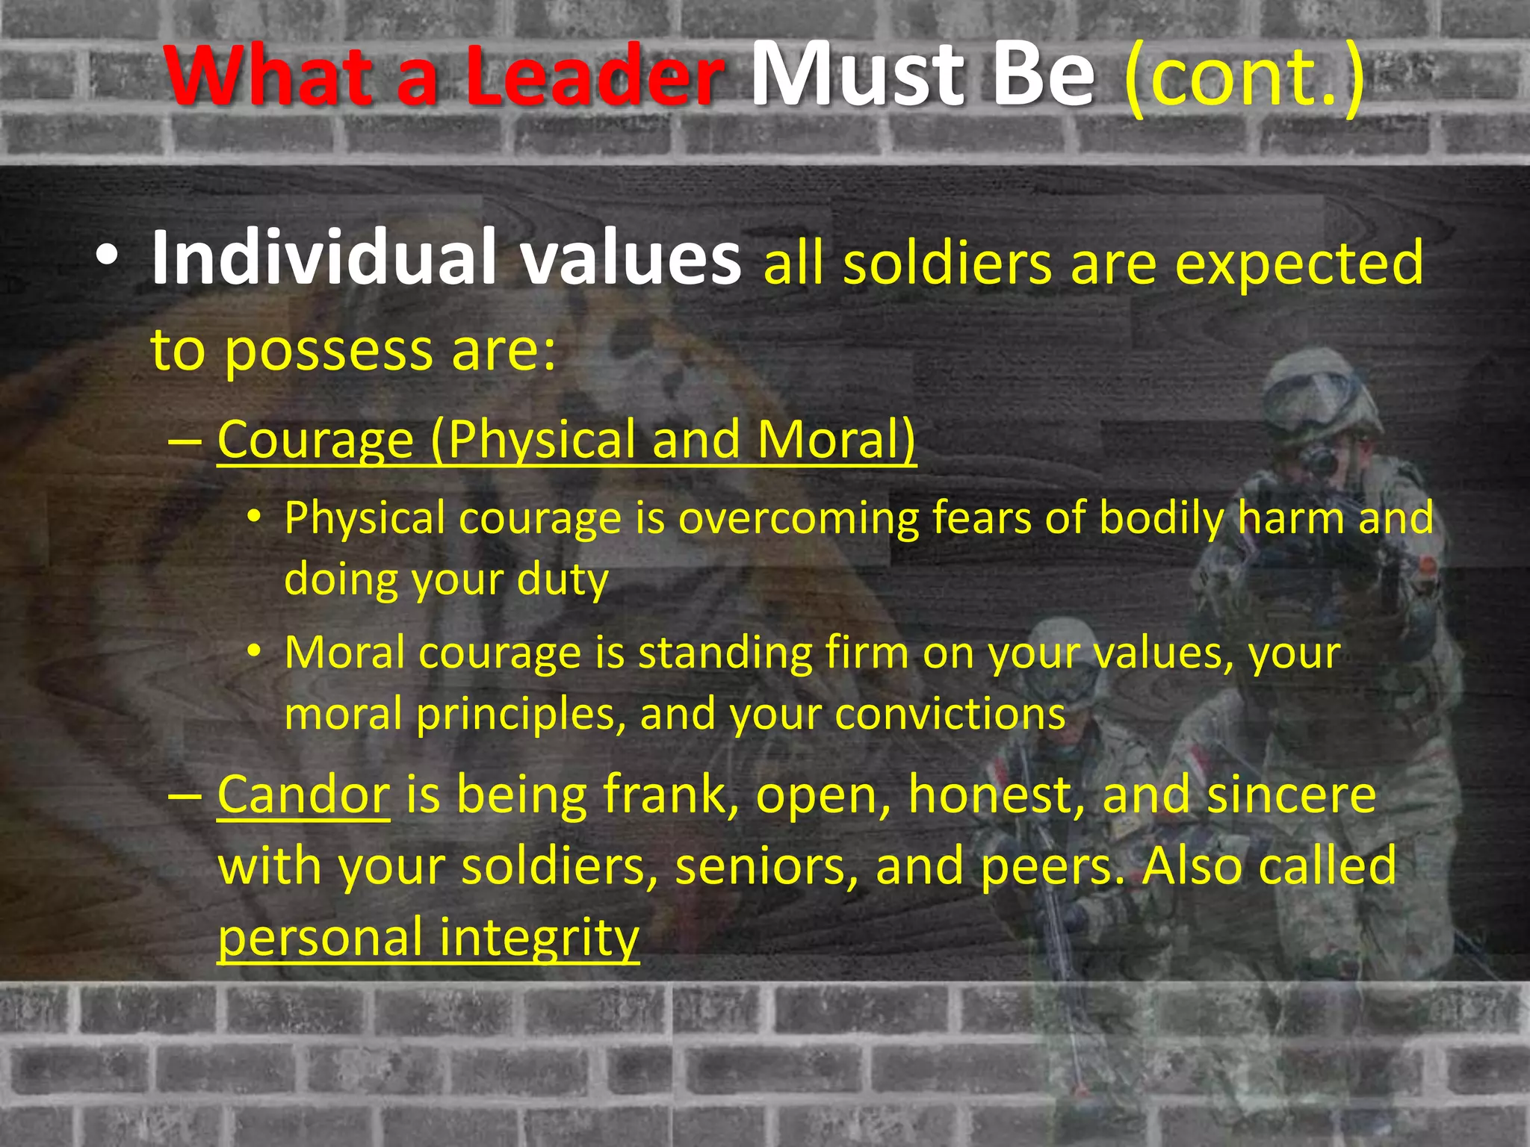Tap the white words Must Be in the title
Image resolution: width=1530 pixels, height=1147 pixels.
tap(922, 75)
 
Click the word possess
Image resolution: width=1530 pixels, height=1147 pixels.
tap(329, 351)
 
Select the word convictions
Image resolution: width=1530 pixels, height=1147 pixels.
tap(950, 714)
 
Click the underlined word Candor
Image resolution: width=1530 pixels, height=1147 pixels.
tap(303, 795)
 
